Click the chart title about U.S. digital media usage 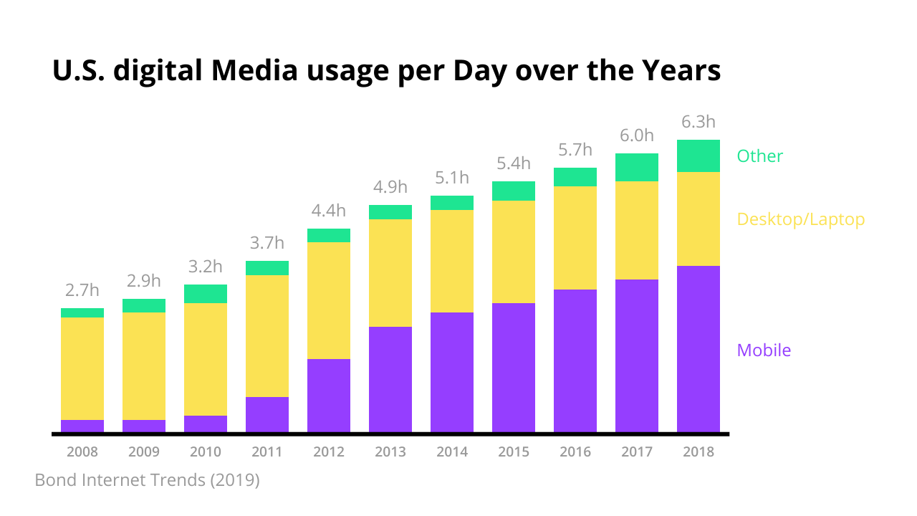[386, 72]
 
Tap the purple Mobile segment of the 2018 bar [698, 349]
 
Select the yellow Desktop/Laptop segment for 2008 [82, 368]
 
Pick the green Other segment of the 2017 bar [636, 167]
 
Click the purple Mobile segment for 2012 [329, 396]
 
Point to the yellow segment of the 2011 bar [267, 336]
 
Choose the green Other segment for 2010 [206, 294]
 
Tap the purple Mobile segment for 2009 [144, 426]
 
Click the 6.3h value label [698, 122]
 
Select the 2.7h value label [82, 290]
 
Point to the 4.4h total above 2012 [329, 211]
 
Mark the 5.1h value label [452, 178]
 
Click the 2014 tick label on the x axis [452, 452]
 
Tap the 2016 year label [575, 452]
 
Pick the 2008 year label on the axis [82, 452]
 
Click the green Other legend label [759, 156]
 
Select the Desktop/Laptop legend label [800, 219]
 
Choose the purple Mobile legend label [764, 350]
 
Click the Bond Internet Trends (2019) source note [147, 479]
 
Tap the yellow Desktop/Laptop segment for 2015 [514, 252]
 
